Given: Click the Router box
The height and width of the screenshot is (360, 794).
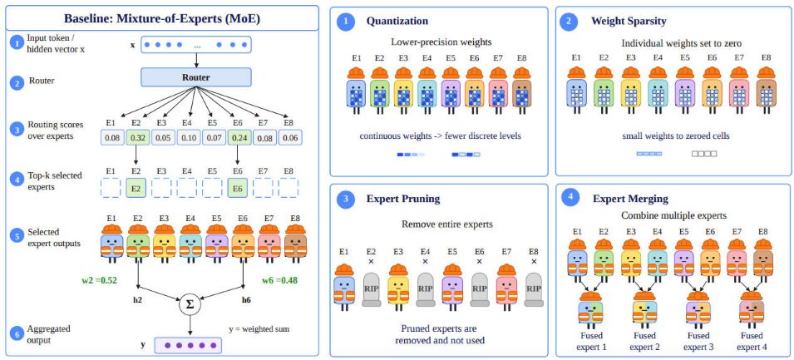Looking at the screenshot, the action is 195,77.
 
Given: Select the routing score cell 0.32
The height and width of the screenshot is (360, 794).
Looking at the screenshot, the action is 138,137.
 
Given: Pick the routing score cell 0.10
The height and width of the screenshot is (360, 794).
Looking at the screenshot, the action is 189,137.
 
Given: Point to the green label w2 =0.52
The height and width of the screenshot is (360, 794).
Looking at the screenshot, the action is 99,279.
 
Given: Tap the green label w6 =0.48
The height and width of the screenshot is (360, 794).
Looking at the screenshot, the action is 280,279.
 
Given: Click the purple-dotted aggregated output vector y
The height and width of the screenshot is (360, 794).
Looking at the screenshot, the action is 190,346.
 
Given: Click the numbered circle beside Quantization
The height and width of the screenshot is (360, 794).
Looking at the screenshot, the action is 346,22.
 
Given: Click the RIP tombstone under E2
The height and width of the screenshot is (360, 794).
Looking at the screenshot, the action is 371,289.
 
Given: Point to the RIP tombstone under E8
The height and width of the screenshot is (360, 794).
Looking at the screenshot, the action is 533,289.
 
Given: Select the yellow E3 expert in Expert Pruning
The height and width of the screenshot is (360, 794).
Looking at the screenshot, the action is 398,286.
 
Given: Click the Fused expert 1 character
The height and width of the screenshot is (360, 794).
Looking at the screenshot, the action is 591,310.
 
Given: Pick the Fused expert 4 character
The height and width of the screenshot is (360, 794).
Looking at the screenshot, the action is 752,310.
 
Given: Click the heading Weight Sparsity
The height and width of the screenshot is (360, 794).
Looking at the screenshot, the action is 629,22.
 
